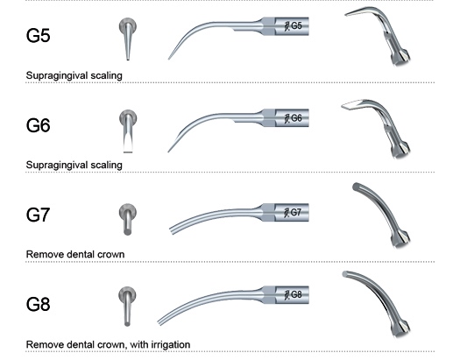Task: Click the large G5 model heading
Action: tap(39, 35)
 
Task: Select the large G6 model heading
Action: tap(39, 125)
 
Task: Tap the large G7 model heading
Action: tap(39, 215)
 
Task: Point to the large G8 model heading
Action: tap(39, 304)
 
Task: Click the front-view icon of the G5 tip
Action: tap(128, 39)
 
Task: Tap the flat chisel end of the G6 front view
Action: tap(128, 152)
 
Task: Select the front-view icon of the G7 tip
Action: tap(128, 219)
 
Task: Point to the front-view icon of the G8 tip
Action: tap(127, 307)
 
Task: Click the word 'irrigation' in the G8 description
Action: tap(171, 344)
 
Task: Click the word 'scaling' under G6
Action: tap(106, 165)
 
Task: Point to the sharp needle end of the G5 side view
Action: tap(169, 60)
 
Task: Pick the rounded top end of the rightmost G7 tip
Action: tap(357, 187)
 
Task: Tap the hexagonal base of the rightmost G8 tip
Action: tap(400, 328)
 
